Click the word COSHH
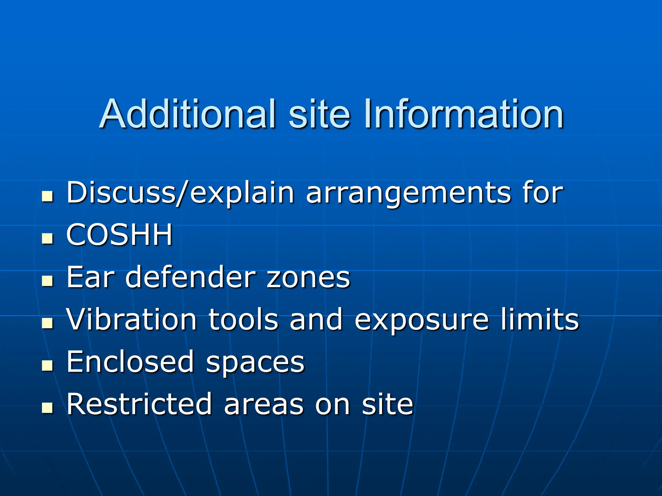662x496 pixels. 119,235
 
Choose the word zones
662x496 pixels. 308,278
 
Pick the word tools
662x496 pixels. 243,319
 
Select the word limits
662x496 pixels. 540,319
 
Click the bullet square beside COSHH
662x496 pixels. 48,239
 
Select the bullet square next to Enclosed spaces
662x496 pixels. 48,366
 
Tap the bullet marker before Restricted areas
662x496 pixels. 48,408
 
